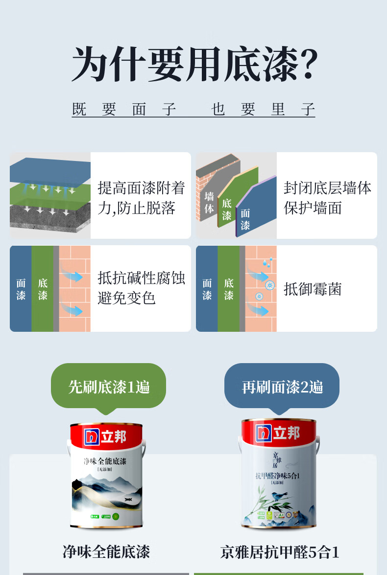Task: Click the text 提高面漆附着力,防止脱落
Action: tap(141, 198)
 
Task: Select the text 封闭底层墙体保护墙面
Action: tap(327, 198)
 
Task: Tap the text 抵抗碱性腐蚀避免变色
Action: tap(141, 288)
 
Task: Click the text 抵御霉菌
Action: tap(313, 289)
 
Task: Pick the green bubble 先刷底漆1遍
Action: tap(109, 387)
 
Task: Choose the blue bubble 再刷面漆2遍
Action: tap(282, 387)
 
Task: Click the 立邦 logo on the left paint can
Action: tap(105, 436)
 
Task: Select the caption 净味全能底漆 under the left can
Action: tap(106, 552)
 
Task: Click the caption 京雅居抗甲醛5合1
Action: tap(280, 552)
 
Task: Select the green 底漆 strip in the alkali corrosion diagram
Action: tap(43, 289)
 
